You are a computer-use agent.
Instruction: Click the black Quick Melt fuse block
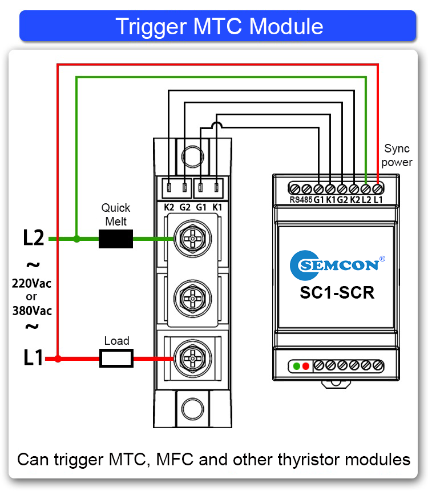[116, 239]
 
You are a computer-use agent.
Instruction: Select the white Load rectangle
[116, 359]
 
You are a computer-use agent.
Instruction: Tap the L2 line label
[33, 238]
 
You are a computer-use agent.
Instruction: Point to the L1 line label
[33, 358]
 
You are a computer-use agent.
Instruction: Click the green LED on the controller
[297, 365]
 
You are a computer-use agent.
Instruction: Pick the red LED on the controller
[306, 365]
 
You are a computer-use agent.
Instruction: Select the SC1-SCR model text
[337, 293]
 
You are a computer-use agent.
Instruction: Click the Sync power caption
[397, 155]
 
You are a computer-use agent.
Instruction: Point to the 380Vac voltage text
[32, 311]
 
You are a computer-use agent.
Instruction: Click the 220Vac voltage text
[32, 283]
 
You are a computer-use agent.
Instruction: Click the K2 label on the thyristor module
[169, 207]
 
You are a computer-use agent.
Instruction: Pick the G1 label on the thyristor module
[201, 207]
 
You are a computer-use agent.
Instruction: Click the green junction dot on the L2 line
[77, 239]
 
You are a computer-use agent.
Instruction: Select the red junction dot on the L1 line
[58, 359]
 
